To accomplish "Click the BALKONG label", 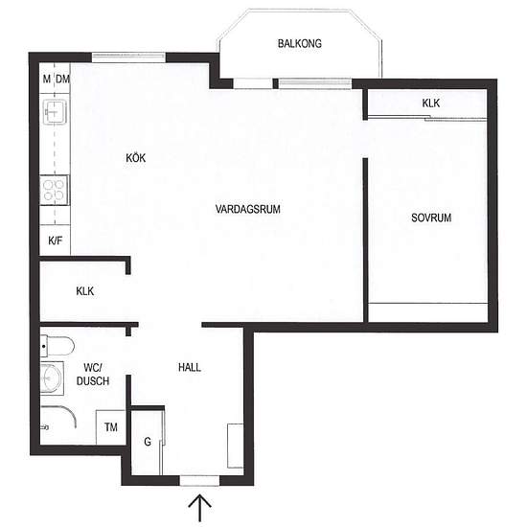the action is coord(300,44).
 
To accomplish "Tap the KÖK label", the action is coord(135,158).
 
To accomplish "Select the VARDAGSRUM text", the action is coord(248,209).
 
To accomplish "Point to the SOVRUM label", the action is coord(431,218).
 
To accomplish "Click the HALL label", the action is coord(190,367).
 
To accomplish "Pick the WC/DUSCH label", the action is coord(93,374).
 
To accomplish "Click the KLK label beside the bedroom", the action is coord(431,103).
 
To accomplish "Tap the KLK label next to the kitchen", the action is coord(85,291).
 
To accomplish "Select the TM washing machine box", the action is coord(111,427).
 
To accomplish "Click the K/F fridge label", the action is coord(56,241).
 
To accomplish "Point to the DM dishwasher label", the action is coord(62,80).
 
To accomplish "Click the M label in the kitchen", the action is coord(47,80).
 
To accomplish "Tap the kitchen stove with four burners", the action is coord(55,191).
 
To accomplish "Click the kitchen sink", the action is coord(55,111).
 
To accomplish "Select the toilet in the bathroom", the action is coord(57,346).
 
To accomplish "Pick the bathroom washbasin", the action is coord(52,378).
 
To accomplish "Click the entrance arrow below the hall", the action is coord(200,508).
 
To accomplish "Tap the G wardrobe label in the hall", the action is coord(148,442).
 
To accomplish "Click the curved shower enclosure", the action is coord(68,412).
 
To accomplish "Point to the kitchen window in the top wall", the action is coord(128,57).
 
